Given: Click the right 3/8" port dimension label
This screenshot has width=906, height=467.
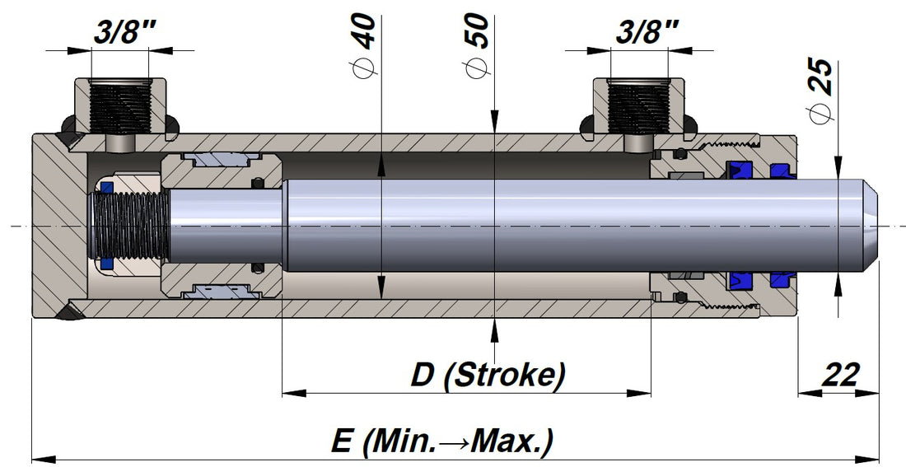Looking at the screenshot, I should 647,35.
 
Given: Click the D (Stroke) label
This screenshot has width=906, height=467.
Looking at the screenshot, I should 488,375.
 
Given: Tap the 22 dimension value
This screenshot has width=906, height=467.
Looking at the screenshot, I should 841,375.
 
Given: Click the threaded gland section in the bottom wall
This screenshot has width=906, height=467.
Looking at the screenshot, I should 725,306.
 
